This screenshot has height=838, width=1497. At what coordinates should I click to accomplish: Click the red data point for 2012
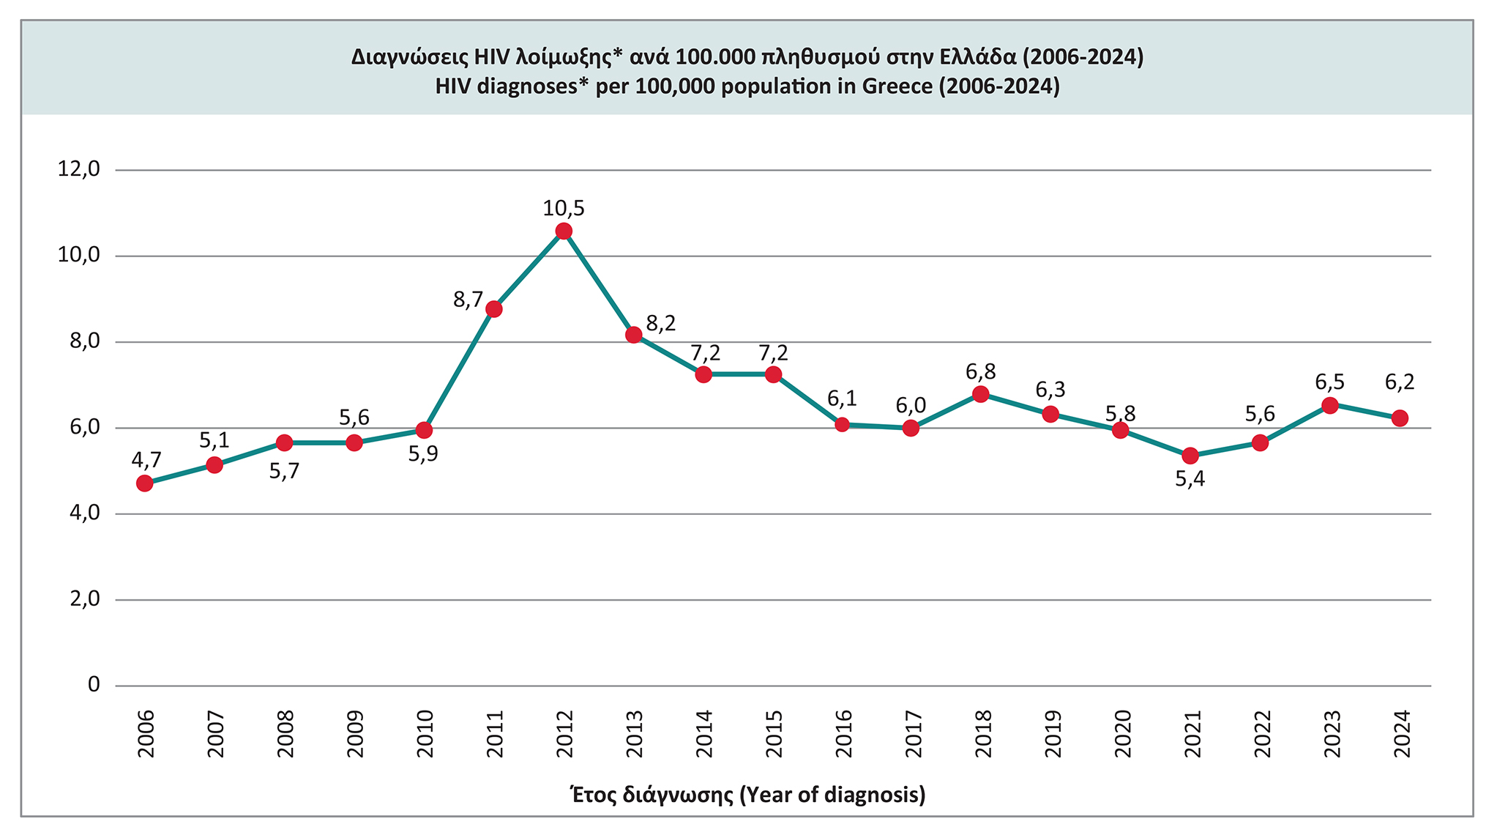564,231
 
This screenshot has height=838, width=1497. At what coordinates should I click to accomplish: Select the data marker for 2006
145,483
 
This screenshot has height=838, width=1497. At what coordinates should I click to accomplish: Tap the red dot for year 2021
1190,456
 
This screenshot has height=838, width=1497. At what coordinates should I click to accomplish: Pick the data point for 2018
981,394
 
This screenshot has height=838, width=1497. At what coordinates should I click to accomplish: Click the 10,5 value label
564,209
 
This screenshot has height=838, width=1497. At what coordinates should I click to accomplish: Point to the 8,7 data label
468,300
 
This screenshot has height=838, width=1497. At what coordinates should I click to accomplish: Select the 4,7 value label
146,460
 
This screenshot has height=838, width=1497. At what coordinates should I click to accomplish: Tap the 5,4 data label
1190,480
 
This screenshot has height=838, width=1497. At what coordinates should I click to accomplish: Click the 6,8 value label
981,371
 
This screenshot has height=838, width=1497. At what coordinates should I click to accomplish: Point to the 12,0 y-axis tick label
78,170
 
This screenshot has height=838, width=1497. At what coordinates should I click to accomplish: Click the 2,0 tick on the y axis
83,599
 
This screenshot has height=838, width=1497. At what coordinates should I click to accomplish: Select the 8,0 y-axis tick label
83,342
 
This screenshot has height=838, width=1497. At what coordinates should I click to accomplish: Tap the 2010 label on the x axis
425,734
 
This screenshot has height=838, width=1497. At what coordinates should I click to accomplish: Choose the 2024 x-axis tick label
1400,734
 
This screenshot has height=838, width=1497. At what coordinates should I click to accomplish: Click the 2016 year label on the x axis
843,734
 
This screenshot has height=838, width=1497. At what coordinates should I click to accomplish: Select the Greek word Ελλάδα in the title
979,56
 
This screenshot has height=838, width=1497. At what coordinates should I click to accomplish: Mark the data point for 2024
1400,418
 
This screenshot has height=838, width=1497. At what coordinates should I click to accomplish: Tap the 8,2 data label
661,324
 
